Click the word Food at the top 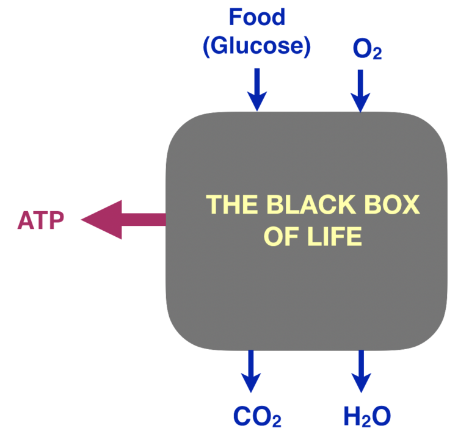(256, 17)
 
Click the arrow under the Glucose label (257, 89)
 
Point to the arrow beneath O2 (360, 90)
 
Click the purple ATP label (40, 220)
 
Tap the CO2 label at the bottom (257, 416)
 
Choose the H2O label (366, 416)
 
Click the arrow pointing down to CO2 (250, 370)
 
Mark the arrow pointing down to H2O (361, 370)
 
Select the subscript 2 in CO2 (276, 421)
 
